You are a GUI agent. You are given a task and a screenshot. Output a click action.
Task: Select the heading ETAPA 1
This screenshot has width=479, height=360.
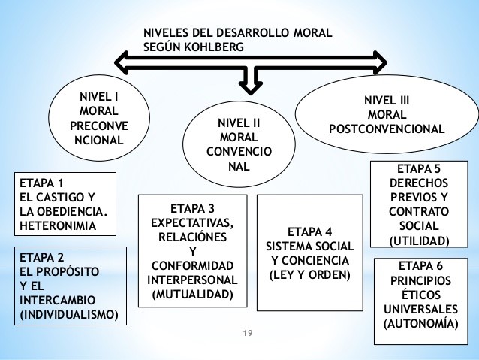42,183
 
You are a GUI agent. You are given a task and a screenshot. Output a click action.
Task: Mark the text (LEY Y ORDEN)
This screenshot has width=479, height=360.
309,274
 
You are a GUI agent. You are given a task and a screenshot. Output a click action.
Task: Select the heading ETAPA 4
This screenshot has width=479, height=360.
309,231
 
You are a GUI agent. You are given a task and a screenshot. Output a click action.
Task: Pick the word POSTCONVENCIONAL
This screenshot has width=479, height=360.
386,128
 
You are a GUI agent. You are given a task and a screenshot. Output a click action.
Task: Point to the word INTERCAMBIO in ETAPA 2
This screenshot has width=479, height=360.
53,298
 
